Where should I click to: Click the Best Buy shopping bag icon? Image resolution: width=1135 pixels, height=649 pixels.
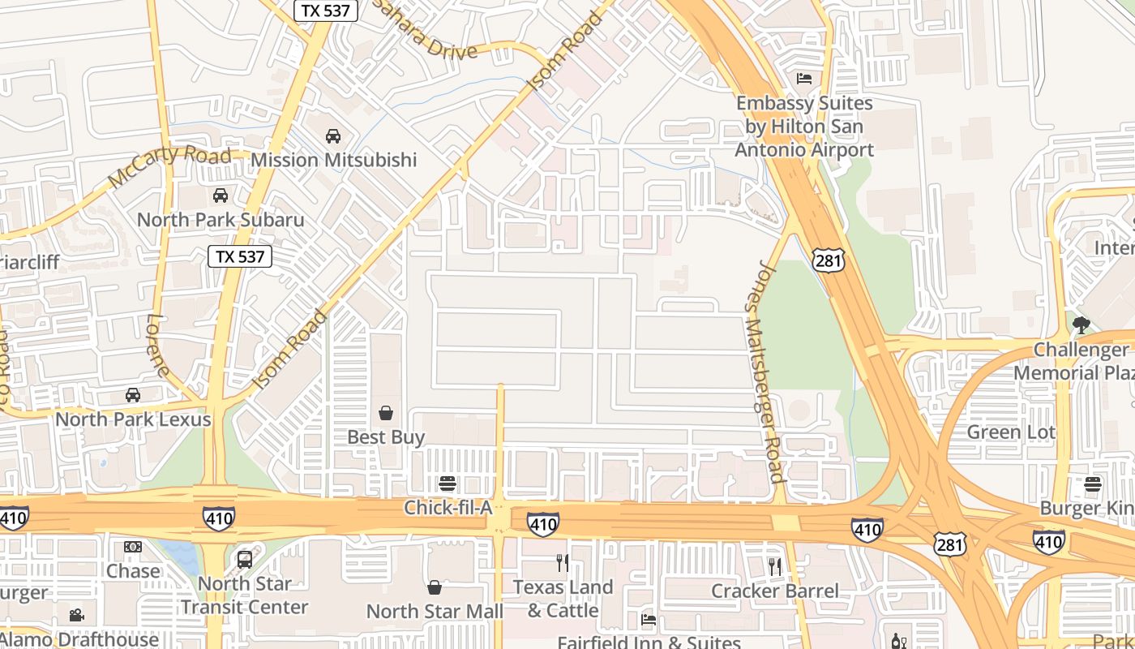(x=386, y=414)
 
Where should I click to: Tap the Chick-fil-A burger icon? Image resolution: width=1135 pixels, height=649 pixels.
(x=448, y=484)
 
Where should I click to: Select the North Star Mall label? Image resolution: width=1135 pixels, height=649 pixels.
(x=435, y=611)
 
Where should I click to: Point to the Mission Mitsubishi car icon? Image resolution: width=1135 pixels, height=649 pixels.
(x=332, y=136)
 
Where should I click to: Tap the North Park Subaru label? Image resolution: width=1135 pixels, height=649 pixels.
(x=221, y=220)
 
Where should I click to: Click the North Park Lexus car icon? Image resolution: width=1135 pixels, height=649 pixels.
(x=133, y=395)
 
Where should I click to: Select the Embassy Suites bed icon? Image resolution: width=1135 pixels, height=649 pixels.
(x=804, y=79)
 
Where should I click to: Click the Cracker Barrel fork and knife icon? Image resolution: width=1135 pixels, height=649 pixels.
(x=775, y=566)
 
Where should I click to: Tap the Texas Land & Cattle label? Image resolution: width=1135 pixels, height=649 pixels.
(x=562, y=598)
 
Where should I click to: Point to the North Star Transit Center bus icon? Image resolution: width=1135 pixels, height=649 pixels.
(x=244, y=559)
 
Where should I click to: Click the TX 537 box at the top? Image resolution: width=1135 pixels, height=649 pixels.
(x=321, y=11)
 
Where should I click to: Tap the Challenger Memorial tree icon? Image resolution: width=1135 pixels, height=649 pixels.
(x=1081, y=325)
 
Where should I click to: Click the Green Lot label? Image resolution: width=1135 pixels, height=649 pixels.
(x=1010, y=432)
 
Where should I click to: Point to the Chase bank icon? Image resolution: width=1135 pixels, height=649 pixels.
(x=133, y=547)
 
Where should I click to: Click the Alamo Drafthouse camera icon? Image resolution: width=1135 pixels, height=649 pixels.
(x=76, y=616)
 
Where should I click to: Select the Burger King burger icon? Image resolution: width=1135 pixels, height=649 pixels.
(x=1093, y=485)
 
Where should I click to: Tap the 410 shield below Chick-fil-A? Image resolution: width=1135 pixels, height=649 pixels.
(x=542, y=524)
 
